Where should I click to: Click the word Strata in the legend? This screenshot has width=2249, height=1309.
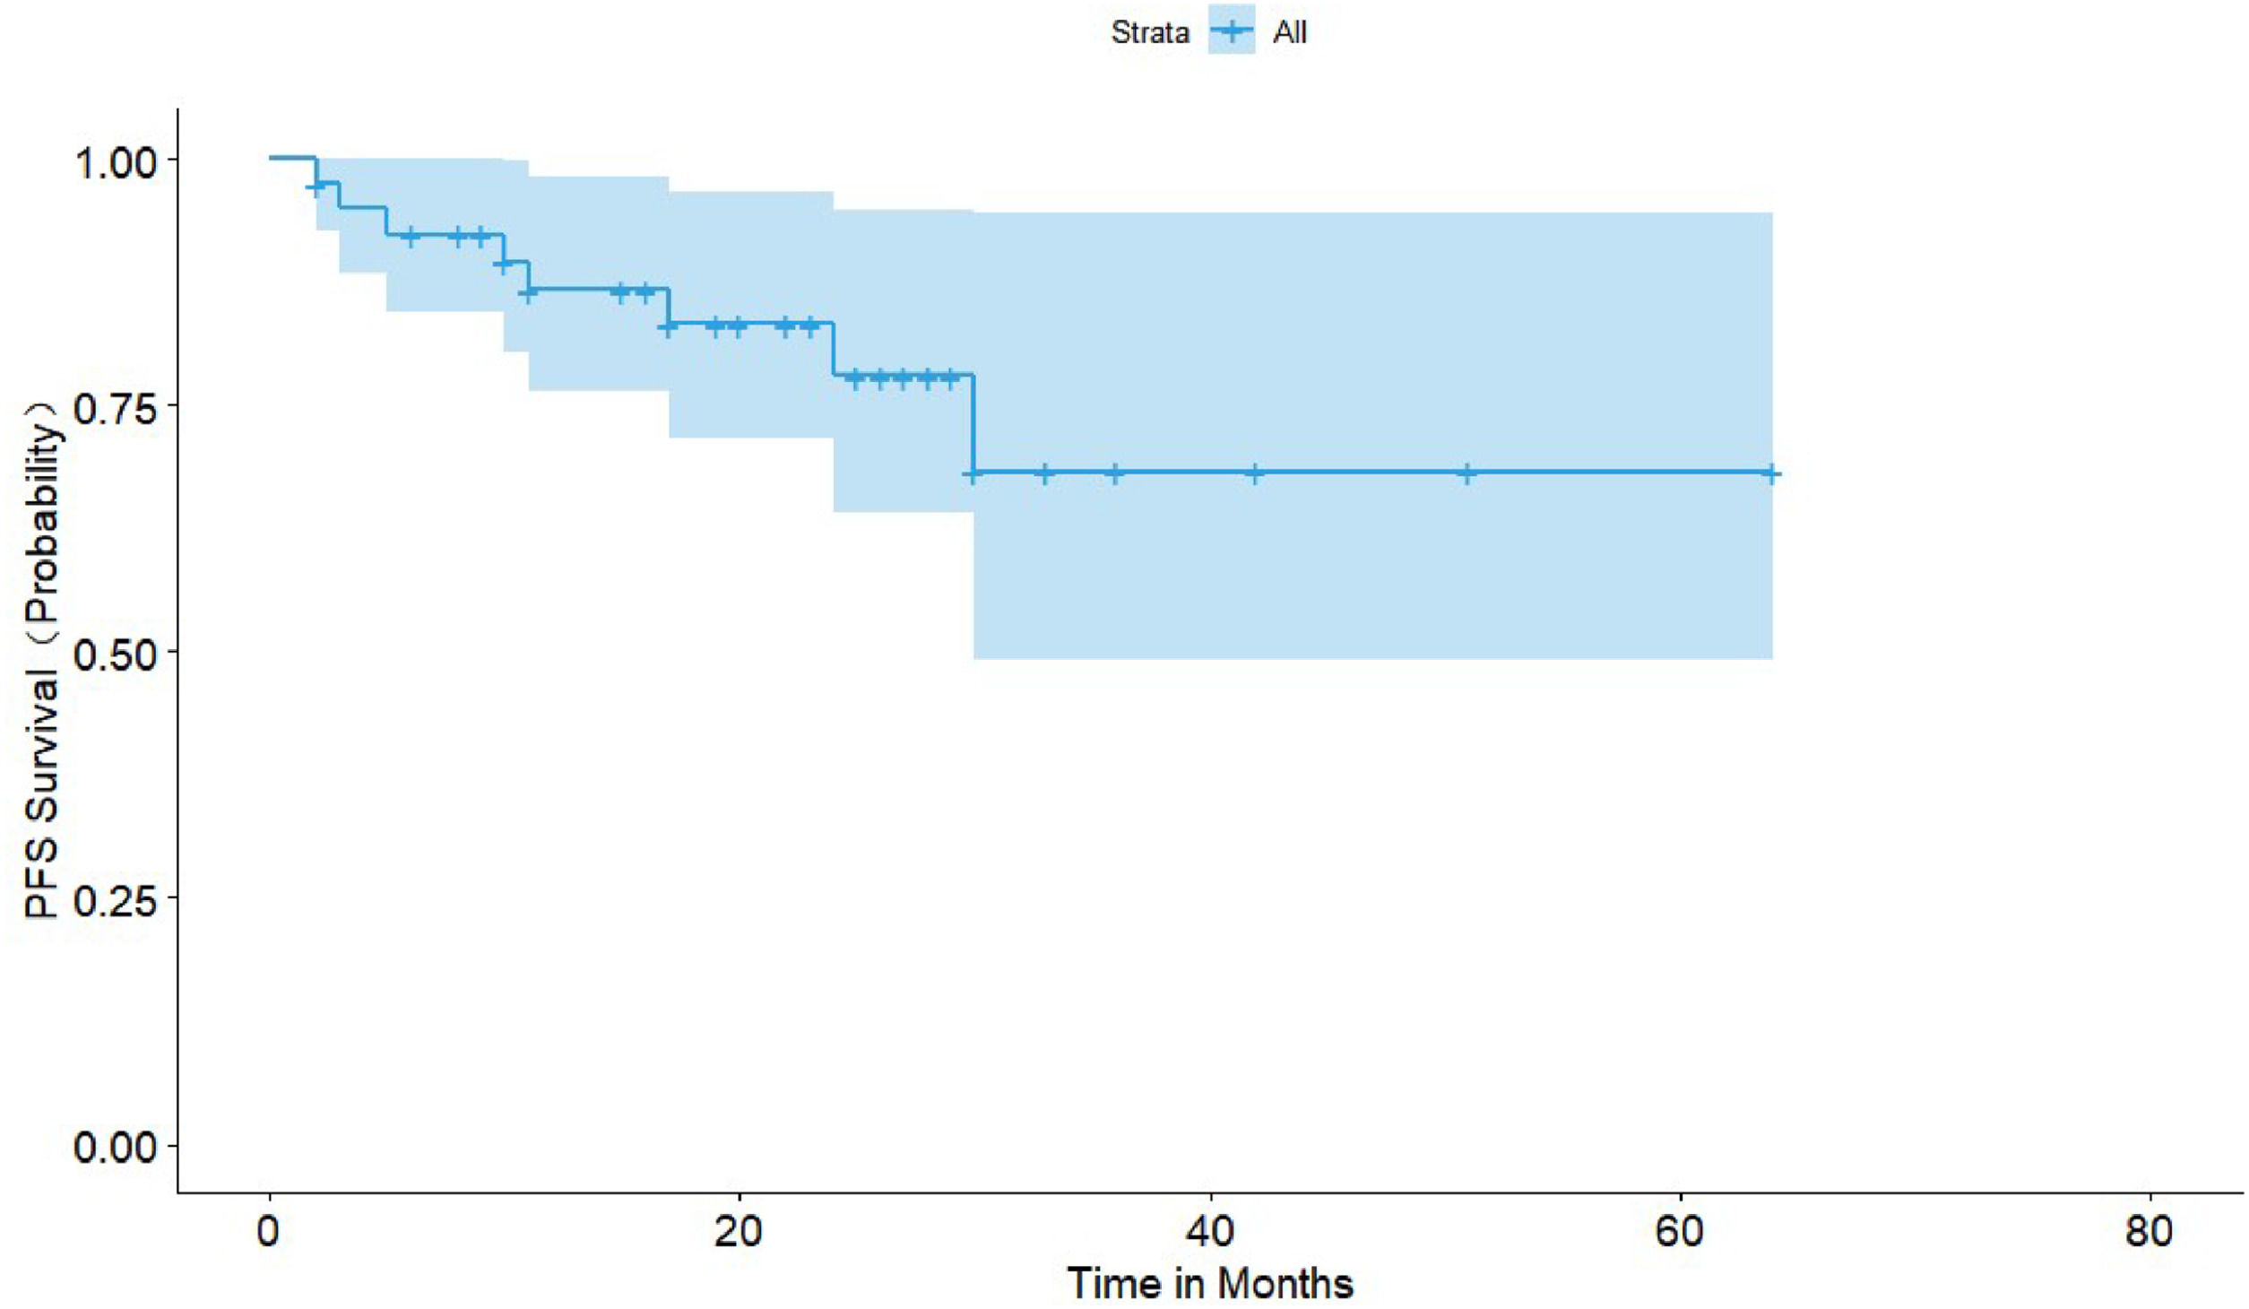[x=1149, y=33]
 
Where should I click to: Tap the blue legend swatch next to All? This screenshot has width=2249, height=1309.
[x=1231, y=31]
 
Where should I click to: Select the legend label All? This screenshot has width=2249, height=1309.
[x=1289, y=33]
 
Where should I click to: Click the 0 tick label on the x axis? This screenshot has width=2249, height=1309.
[x=268, y=1233]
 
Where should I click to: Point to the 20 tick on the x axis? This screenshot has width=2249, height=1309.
[x=739, y=1233]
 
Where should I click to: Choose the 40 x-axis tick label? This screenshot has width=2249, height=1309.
[x=1210, y=1233]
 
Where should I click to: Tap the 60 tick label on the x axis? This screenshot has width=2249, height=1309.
[x=1679, y=1233]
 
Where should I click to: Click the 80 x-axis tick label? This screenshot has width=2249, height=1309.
[x=2150, y=1233]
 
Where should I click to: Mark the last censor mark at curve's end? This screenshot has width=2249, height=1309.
[x=1770, y=473]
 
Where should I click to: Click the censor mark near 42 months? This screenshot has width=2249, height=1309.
[x=1255, y=473]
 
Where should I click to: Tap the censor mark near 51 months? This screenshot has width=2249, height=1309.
[x=1467, y=473]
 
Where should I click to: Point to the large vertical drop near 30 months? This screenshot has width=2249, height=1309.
[x=973, y=423]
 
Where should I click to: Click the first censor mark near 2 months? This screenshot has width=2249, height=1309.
[x=316, y=186]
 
